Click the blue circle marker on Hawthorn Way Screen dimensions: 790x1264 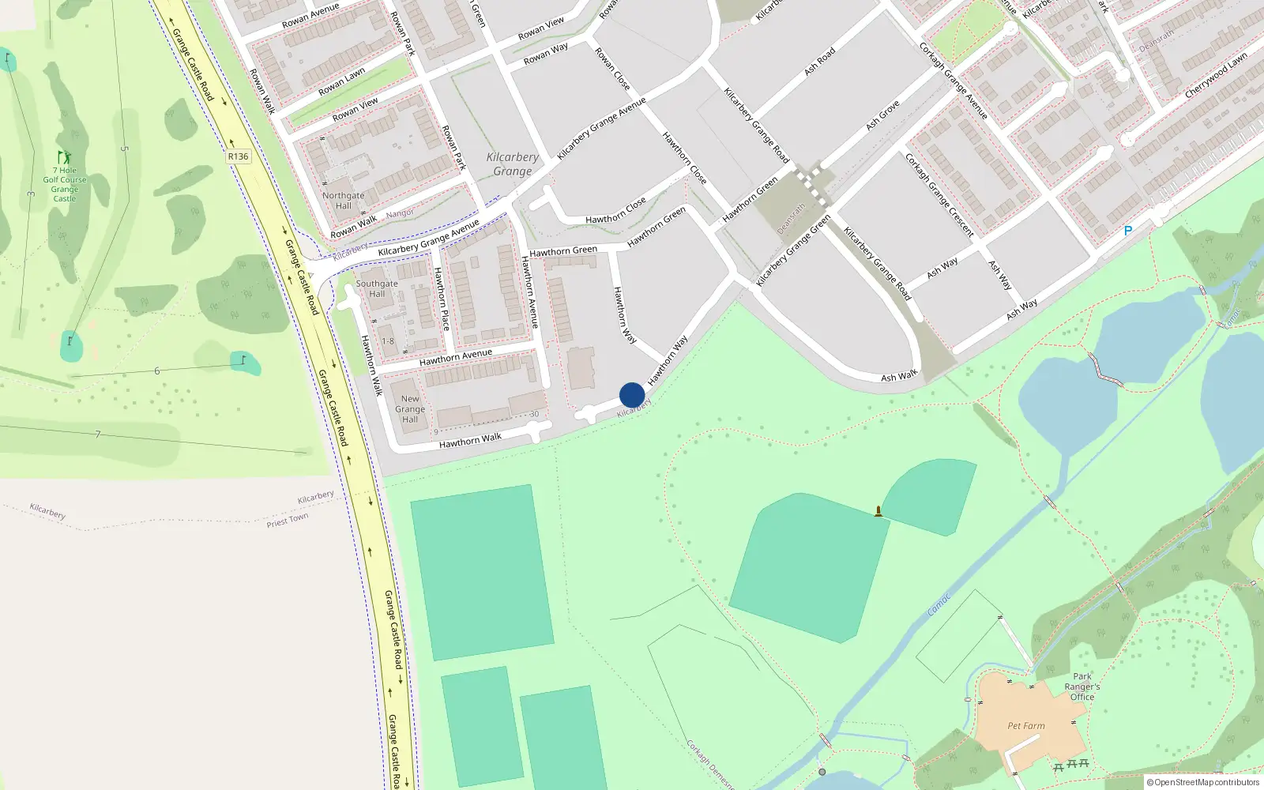pyautogui.click(x=632, y=395)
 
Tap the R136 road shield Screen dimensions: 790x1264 pyautogui.click(x=238, y=156)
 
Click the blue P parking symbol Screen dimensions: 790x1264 pyautogui.click(x=1128, y=231)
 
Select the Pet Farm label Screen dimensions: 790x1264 pyautogui.click(x=1025, y=726)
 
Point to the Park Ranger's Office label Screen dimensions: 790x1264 pyautogui.click(x=1082, y=687)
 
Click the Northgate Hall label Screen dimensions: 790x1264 pyautogui.click(x=343, y=201)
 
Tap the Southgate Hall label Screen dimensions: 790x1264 pyautogui.click(x=377, y=288)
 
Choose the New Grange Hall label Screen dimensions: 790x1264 pyautogui.click(x=410, y=409)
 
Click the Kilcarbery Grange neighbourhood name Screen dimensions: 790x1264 pyautogui.click(x=513, y=164)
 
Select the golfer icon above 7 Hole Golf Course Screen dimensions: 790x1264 pyautogui.click(x=64, y=157)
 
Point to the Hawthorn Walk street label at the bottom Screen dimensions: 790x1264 pyautogui.click(x=470, y=441)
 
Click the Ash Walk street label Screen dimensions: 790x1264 pyautogui.click(x=899, y=375)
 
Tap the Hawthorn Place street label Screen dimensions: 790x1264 pyautogui.click(x=442, y=299)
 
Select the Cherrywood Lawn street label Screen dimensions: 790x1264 pyautogui.click(x=1216, y=76)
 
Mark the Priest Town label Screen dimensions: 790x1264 pyautogui.click(x=288, y=520)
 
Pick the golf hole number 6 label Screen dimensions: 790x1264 pyautogui.click(x=157, y=371)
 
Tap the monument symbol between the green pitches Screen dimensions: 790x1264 pyautogui.click(x=878, y=511)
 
